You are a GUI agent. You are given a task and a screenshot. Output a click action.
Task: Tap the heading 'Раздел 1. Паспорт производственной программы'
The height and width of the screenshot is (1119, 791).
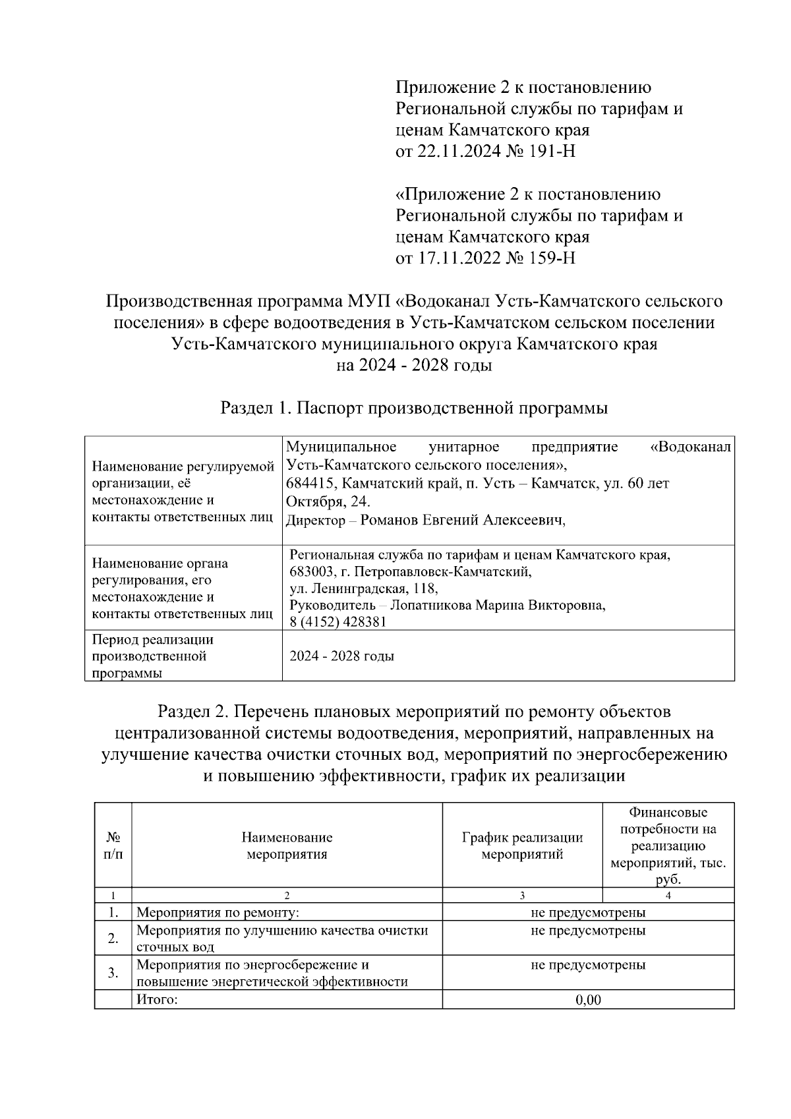[x=414, y=408]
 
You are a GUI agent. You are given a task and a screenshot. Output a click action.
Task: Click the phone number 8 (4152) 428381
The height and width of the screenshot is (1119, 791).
[x=338, y=622]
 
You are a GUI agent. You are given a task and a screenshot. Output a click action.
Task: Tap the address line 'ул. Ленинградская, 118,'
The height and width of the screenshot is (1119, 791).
[x=364, y=588]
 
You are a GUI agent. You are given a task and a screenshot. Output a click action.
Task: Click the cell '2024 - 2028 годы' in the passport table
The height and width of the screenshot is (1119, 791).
[x=342, y=656]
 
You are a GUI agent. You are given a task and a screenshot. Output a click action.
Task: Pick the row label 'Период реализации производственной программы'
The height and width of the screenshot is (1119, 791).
[x=153, y=656]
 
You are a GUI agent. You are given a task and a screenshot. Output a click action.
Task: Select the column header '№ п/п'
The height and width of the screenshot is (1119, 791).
[x=113, y=846]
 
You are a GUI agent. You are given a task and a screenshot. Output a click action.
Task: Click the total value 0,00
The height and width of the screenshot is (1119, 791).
[x=588, y=1000]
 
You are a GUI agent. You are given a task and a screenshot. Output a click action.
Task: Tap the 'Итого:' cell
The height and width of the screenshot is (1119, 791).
[x=158, y=1000]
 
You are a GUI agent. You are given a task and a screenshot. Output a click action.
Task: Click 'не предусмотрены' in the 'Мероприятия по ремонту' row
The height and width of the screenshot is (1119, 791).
[x=588, y=913]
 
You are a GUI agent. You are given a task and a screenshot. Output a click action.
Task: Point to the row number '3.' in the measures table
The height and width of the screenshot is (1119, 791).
[x=113, y=973]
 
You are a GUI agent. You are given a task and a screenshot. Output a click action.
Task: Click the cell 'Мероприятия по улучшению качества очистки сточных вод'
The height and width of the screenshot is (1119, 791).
[x=282, y=938]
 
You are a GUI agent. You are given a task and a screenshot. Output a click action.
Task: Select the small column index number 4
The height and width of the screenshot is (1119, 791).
[x=668, y=896]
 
